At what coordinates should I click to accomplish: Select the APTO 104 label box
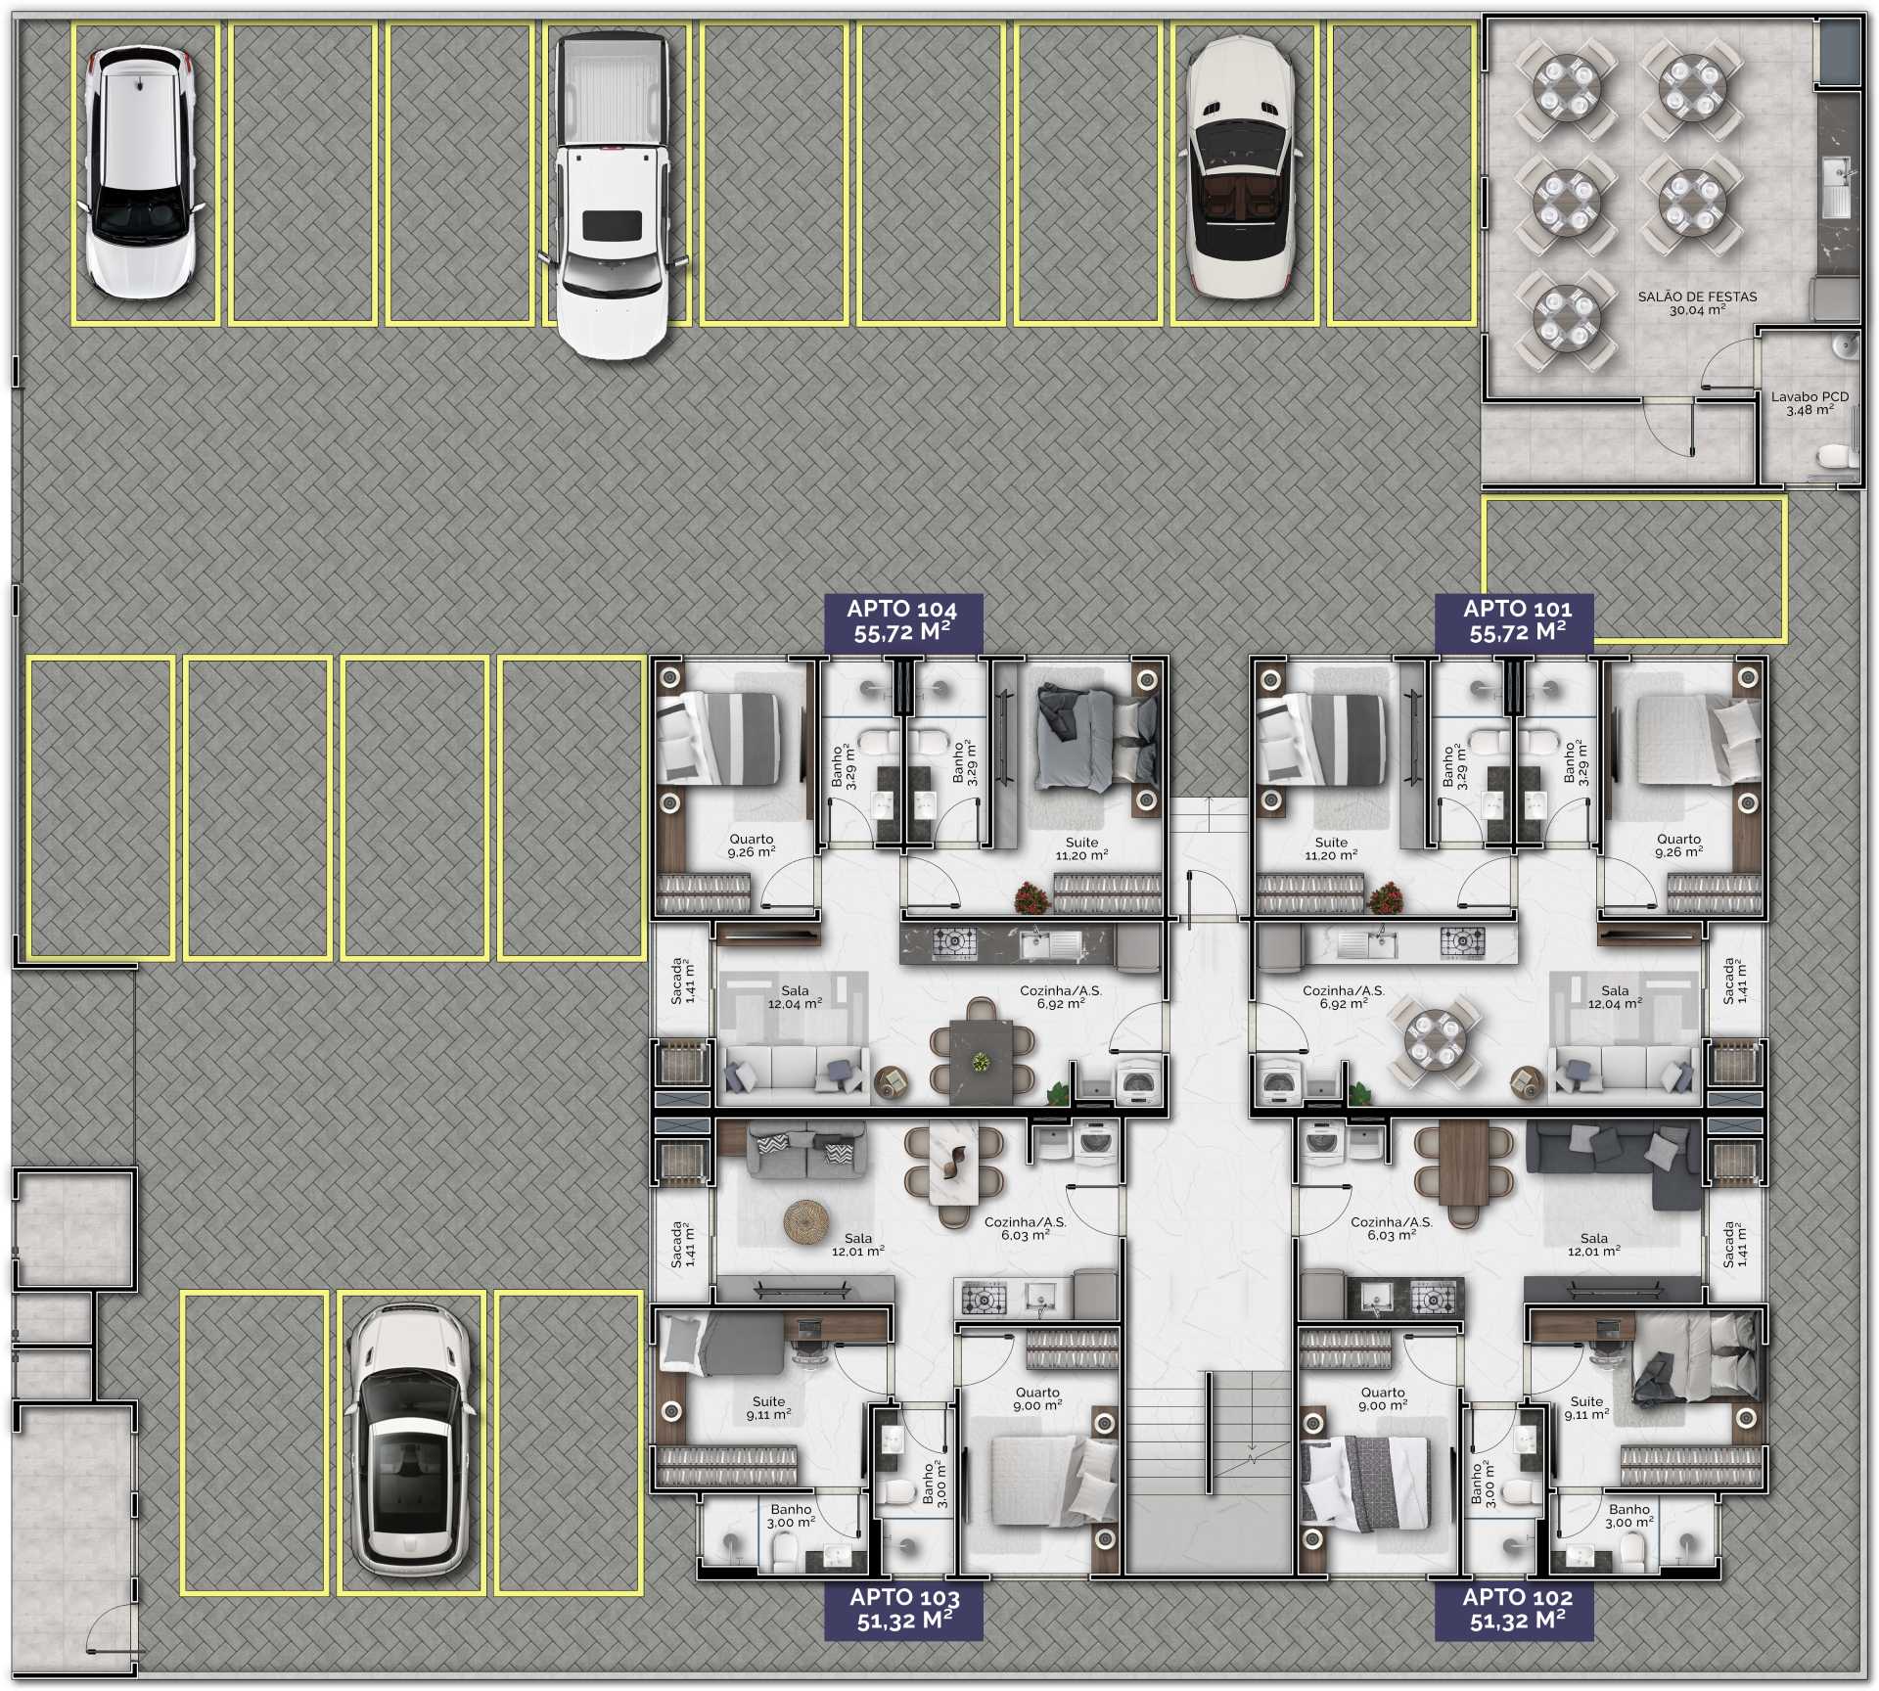coord(902,621)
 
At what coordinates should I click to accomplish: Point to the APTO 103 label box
coord(903,1610)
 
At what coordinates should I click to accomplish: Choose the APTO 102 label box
coord(1516,1610)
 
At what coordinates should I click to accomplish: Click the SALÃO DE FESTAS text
coord(1697,297)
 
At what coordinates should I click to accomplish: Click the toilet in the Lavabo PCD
coord(1837,457)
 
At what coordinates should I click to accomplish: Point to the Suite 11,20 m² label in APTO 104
coord(1081,848)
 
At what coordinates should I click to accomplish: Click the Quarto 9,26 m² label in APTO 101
coord(1679,845)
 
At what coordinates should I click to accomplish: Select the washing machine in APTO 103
coord(1095,1142)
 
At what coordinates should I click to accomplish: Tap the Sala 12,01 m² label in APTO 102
coord(1593,1245)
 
